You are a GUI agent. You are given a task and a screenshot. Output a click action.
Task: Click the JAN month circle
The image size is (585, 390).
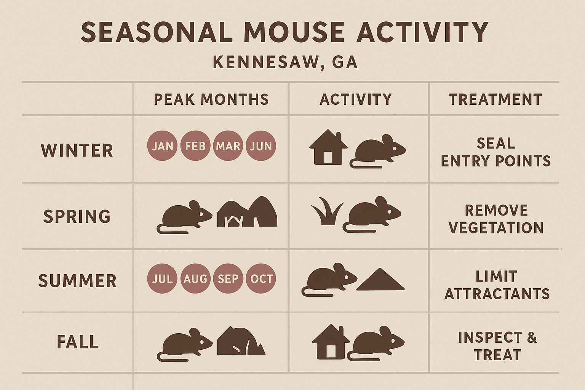pyautogui.click(x=162, y=146)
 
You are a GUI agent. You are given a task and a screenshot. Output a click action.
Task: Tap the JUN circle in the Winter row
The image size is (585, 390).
pyautogui.click(x=261, y=146)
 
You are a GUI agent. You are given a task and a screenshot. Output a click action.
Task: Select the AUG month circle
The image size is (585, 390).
pyautogui.click(x=195, y=278)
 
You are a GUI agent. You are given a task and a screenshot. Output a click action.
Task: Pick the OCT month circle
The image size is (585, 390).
pyautogui.click(x=261, y=278)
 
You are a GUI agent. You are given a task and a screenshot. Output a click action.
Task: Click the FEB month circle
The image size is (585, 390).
pyautogui.click(x=195, y=146)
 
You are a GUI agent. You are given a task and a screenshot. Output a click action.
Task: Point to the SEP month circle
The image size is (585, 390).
pyautogui.click(x=228, y=278)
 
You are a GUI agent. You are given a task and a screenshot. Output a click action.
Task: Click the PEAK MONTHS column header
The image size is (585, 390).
pyautogui.click(x=211, y=99)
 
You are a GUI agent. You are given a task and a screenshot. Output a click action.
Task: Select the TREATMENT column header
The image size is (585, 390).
pyautogui.click(x=495, y=99)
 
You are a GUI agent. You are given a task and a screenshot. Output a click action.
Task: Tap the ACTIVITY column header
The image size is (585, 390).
pyautogui.click(x=356, y=99)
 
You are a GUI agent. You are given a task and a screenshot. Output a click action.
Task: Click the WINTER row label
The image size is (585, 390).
pyautogui.click(x=77, y=150)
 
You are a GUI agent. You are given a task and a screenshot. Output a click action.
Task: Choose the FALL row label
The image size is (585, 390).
pyautogui.click(x=78, y=342)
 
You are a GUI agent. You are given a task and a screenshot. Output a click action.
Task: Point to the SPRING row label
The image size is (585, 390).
pyautogui.click(x=77, y=216)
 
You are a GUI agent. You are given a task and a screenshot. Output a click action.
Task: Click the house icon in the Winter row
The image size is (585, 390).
pyautogui.click(x=328, y=148)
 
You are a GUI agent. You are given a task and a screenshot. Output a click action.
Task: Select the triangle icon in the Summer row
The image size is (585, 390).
pyautogui.click(x=380, y=280)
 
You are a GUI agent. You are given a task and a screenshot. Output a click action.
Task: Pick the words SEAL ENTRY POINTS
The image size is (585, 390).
pyautogui.click(x=495, y=152)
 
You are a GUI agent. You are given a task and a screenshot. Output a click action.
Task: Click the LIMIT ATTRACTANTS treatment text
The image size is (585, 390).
pyautogui.click(x=497, y=285)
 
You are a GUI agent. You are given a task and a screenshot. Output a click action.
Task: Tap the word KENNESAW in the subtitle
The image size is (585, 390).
pyautogui.click(x=265, y=62)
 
